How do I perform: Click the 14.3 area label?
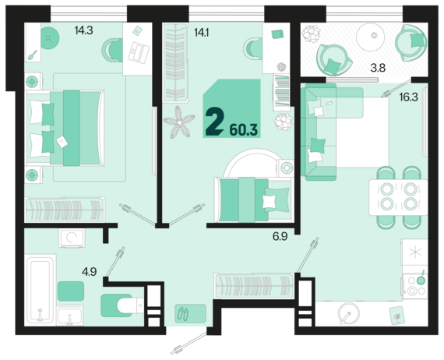(84, 30)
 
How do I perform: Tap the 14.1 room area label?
(201, 33)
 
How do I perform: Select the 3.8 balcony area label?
(378, 68)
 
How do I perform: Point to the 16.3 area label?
(409, 97)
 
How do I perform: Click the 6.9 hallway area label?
(280, 236)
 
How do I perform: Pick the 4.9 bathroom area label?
(90, 272)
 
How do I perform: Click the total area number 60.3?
(244, 130)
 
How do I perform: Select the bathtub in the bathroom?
(41, 290)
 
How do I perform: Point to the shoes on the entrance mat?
(183, 314)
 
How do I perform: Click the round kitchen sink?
(349, 313)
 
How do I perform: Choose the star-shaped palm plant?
(179, 122)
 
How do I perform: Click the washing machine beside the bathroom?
(72, 238)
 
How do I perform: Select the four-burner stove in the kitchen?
(415, 286)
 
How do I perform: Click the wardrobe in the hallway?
(254, 285)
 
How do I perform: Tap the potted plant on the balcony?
(311, 34)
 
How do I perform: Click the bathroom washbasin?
(69, 316)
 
